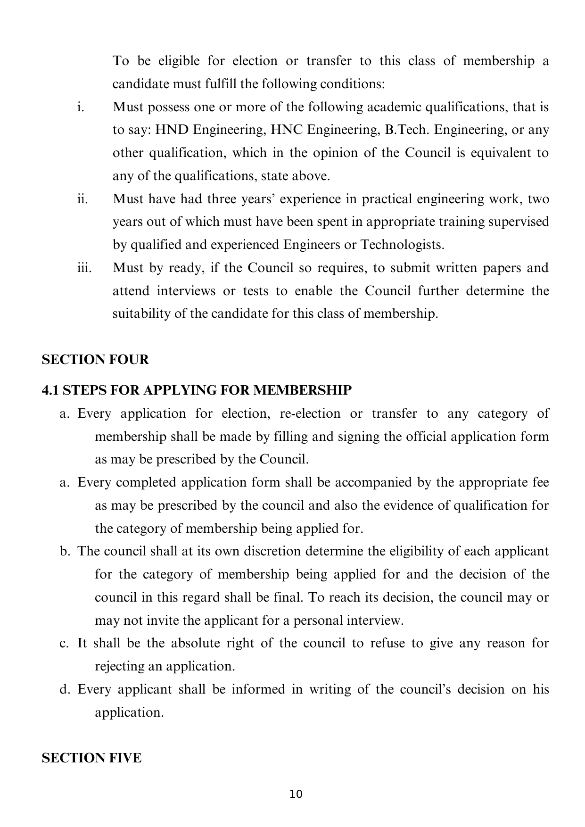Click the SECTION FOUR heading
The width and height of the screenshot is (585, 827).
(x=95, y=360)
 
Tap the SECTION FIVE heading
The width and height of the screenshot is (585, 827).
(x=91, y=758)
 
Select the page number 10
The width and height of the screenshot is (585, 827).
(x=296, y=794)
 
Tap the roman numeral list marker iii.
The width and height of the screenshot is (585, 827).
(x=83, y=268)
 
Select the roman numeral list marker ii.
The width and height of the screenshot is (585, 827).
(x=82, y=199)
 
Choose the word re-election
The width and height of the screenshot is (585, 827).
(x=310, y=413)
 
